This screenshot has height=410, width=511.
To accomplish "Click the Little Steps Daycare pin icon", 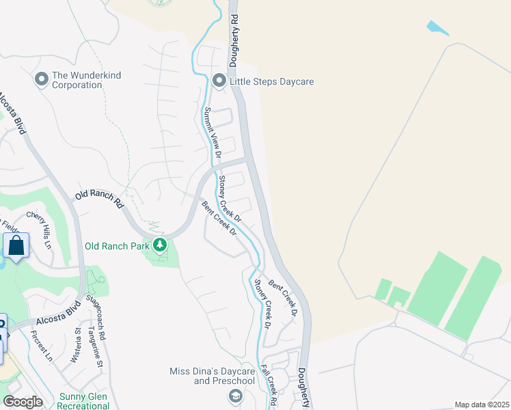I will point(219,81).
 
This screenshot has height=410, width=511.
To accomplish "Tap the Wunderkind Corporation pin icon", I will point(41,80).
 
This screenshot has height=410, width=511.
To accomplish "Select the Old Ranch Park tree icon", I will point(160,245).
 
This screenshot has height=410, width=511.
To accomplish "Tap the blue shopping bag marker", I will point(16,246).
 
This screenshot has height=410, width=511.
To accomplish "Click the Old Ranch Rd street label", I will point(99,199).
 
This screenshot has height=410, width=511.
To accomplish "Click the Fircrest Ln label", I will point(42,346).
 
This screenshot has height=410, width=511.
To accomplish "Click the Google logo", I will point(23,402).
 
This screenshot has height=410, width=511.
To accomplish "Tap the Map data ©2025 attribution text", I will point(481,405).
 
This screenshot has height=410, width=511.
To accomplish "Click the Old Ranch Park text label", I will point(118,245).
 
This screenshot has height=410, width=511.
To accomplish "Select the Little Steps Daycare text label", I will point(271,82).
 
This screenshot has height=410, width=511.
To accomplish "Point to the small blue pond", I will point(438,28).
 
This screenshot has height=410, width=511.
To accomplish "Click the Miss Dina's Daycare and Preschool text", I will point(212,376).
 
